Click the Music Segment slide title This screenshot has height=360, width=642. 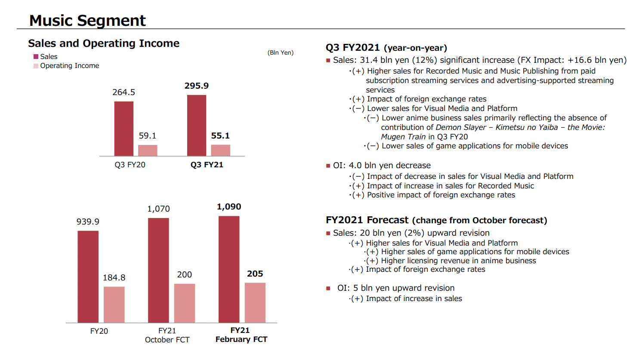87,20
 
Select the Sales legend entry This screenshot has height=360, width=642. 46,56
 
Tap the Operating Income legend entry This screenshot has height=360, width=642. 66,66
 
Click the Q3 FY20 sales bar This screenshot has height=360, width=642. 124,129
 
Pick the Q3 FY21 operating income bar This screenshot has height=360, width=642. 220,151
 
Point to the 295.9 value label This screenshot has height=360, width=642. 197,86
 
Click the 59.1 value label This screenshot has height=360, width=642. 148,135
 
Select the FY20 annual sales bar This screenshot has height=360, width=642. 88,277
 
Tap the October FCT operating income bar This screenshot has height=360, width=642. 185,303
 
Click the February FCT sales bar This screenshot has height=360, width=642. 229,269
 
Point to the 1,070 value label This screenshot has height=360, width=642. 158,209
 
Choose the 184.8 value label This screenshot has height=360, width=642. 114,277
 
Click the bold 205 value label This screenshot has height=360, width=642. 255,274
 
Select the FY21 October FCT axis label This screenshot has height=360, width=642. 167,335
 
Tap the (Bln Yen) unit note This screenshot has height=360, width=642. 281,53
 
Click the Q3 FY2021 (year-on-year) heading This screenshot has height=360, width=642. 386,48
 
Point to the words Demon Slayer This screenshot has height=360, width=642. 461,127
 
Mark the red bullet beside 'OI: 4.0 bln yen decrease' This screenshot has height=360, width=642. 328,166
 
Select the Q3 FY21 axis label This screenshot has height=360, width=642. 207,165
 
